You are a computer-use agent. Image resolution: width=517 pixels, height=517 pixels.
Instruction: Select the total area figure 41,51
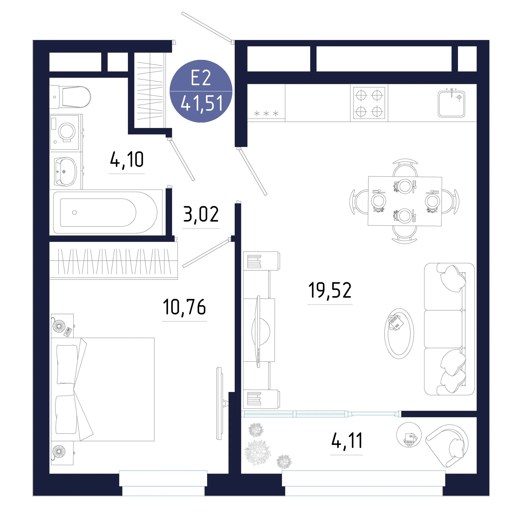202,103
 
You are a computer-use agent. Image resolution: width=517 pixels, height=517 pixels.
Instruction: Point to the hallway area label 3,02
201,214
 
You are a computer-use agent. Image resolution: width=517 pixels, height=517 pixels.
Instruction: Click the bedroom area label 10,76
184,307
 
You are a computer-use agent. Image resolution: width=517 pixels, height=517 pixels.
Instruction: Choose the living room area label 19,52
330,290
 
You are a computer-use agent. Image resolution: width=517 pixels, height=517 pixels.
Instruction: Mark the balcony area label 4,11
347,441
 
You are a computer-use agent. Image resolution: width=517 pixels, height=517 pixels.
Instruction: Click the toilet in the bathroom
70,97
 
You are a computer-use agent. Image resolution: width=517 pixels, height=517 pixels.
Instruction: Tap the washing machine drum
67,131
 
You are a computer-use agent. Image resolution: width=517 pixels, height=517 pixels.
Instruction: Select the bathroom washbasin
65,172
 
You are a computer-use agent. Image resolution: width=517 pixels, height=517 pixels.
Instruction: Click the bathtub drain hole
74,212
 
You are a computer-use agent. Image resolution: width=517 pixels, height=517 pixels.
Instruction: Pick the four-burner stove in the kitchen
369,103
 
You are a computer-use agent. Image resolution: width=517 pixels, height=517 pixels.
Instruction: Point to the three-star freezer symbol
266,113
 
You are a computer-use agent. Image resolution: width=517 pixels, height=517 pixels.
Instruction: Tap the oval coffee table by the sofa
399,334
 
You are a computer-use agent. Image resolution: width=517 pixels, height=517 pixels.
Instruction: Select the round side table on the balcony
409,435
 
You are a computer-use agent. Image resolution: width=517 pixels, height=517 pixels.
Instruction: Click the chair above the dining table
405,167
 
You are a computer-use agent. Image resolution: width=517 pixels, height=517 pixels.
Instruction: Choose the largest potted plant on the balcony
258,452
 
